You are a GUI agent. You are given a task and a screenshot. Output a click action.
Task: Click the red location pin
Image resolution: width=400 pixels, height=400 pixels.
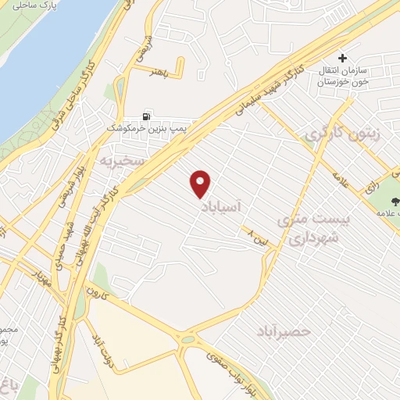[x=202, y=184]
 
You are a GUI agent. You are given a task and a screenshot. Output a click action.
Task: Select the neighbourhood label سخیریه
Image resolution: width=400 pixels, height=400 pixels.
[x=118, y=162]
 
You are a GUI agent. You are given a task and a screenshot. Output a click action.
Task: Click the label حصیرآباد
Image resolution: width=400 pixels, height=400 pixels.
[x=283, y=331]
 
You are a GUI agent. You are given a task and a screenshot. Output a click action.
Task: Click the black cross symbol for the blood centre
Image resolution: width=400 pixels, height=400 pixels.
[x=342, y=58]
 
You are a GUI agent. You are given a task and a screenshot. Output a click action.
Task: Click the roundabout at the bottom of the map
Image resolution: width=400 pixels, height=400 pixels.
[x=187, y=339]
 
